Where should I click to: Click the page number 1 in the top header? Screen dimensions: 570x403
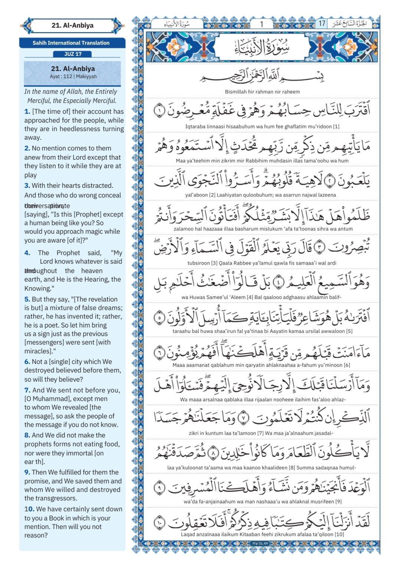(261, 24)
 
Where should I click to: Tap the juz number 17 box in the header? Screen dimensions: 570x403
(322, 23)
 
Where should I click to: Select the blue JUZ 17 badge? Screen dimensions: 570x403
(73, 54)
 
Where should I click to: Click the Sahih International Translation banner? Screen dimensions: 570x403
(71, 43)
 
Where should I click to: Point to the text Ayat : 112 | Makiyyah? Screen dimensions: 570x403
(73, 76)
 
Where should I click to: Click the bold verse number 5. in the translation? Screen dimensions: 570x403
(27, 299)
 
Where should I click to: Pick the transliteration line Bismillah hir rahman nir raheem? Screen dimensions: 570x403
(262, 92)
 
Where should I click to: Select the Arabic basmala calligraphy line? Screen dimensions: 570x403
(262, 77)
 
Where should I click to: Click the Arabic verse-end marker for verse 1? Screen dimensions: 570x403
(159, 111)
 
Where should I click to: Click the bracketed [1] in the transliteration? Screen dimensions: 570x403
(336, 127)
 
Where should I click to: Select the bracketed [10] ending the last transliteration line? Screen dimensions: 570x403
(339, 534)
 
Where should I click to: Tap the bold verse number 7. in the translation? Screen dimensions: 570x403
(27, 390)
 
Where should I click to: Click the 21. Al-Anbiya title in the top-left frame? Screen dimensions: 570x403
(72, 26)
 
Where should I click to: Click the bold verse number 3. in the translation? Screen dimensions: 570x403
(27, 186)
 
